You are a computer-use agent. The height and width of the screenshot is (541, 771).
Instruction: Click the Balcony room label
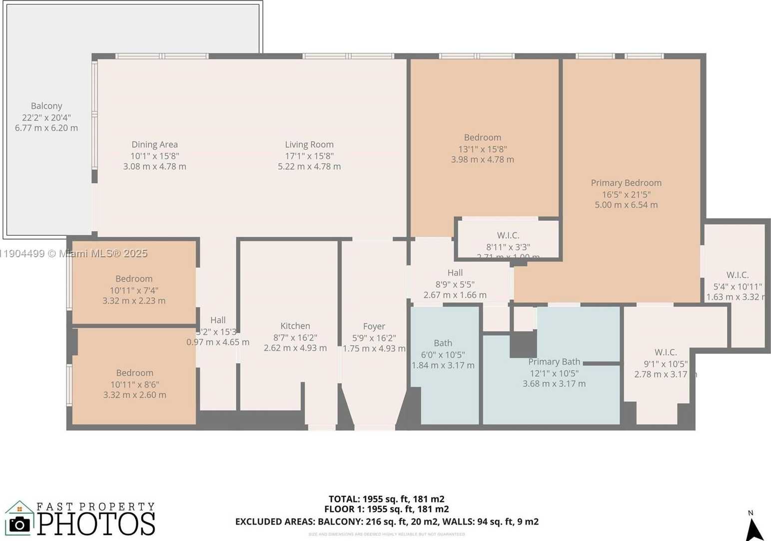(46, 106)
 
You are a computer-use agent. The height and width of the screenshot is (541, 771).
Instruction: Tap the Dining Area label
(154, 144)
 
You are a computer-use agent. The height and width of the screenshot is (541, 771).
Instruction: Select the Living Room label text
(309, 144)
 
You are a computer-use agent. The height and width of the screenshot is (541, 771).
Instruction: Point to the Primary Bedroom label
(626, 183)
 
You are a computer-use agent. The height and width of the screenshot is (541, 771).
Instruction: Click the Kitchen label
(295, 326)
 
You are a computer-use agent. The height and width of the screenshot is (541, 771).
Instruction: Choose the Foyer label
(374, 326)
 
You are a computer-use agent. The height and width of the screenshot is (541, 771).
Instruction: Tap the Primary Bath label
(554, 362)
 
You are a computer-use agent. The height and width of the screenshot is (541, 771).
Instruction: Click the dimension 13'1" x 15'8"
(482, 149)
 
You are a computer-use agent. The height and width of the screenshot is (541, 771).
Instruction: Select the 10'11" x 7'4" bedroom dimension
(134, 290)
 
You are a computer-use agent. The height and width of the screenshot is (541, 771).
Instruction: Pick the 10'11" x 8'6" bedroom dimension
(134, 384)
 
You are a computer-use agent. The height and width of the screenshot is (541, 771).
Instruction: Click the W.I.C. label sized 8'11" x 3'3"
(508, 235)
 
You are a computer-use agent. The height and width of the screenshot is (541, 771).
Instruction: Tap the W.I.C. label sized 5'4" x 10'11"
(737, 275)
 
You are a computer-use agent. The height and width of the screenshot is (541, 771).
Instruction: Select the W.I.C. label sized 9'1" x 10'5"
(666, 352)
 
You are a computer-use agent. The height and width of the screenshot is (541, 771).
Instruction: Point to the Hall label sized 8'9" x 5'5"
(455, 273)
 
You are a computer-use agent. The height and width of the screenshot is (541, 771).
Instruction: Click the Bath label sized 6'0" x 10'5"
(443, 343)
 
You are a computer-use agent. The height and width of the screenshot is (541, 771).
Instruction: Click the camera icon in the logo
(19, 524)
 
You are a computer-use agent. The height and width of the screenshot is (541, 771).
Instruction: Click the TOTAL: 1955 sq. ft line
(386, 499)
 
